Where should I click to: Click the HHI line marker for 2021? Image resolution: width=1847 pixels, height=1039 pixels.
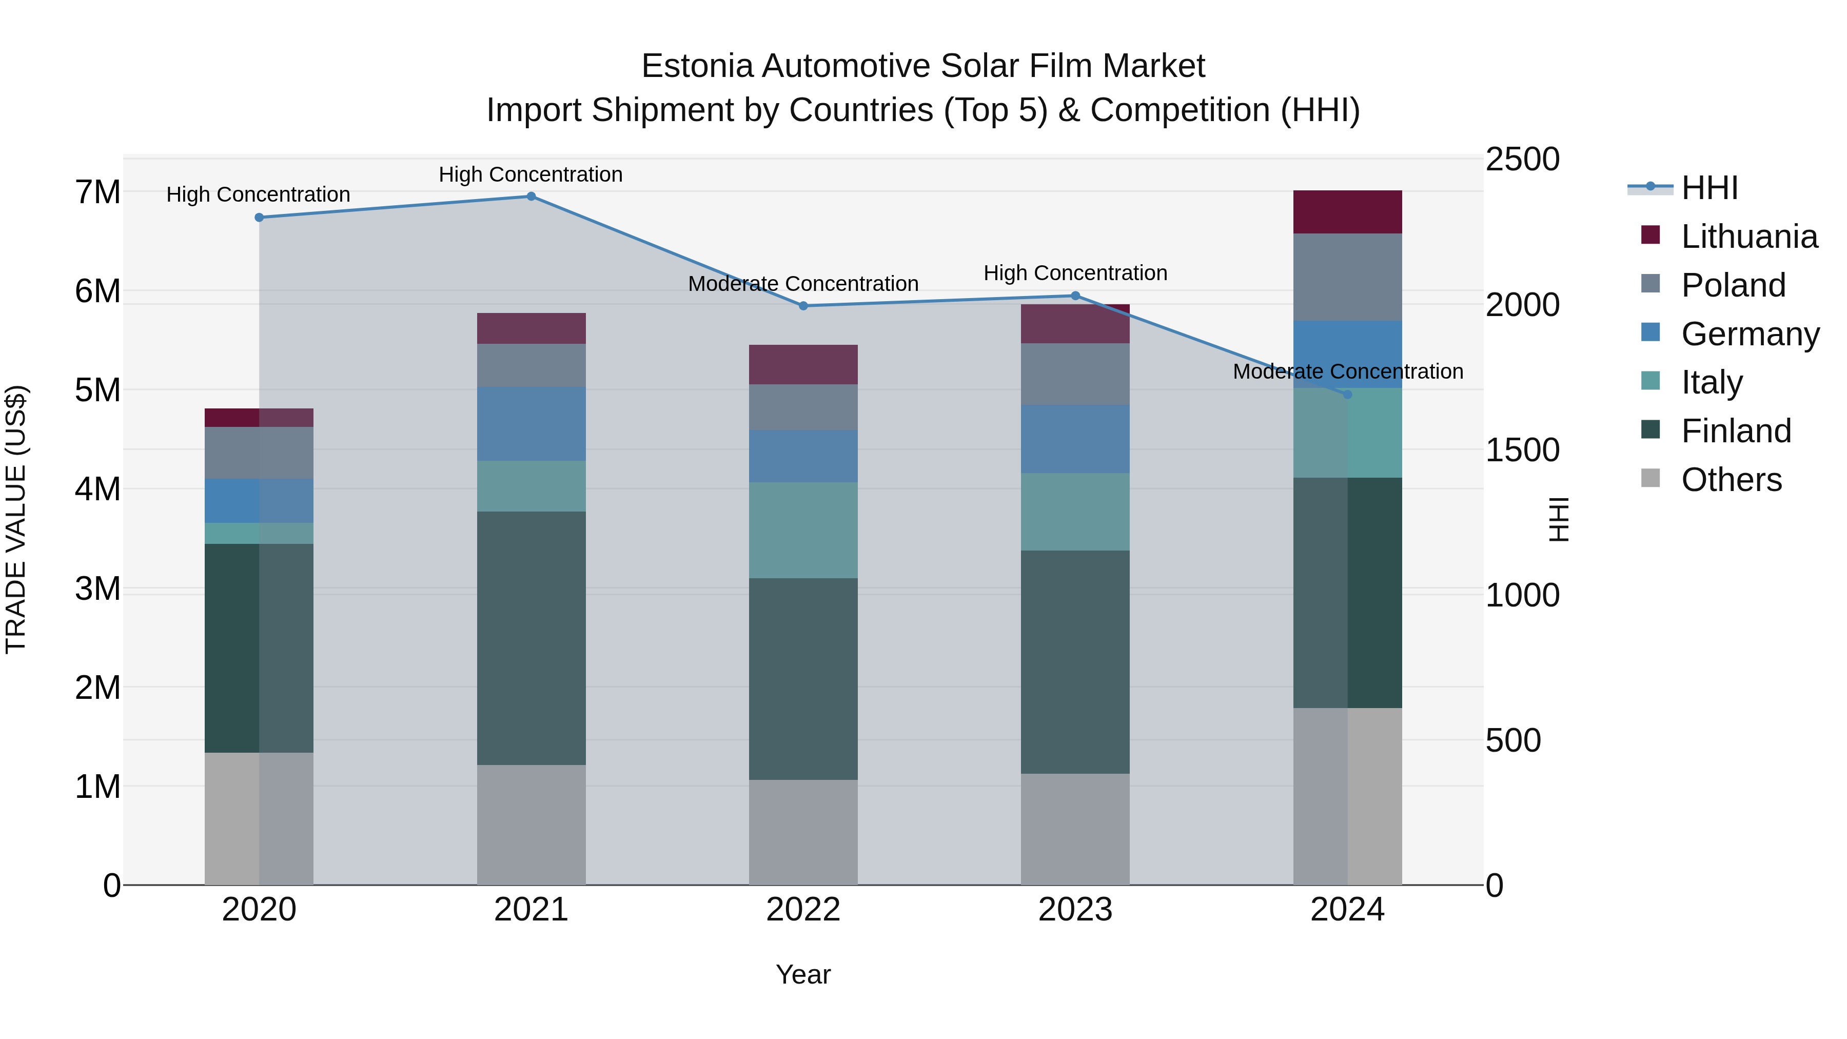click(x=532, y=197)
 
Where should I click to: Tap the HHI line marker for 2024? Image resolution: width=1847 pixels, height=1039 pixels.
click(x=1347, y=395)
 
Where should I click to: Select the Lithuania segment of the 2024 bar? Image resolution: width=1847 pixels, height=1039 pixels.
click(x=1347, y=212)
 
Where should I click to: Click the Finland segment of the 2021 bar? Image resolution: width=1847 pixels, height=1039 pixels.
click(x=532, y=638)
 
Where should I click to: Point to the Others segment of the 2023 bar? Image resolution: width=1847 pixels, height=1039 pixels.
click(x=1075, y=829)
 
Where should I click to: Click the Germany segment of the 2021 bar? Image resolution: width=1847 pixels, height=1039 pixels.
click(x=532, y=424)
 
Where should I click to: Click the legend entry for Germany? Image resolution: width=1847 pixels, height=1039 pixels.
click(x=1750, y=334)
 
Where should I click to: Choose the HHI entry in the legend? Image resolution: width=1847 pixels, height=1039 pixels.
click(x=1710, y=188)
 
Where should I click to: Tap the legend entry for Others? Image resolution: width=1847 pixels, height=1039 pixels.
click(x=1731, y=480)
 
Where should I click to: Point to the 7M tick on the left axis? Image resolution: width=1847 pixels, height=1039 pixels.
click(x=98, y=192)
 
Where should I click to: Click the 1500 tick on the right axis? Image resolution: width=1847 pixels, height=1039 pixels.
click(x=1522, y=450)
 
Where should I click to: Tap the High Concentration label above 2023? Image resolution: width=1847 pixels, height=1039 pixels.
click(x=1075, y=273)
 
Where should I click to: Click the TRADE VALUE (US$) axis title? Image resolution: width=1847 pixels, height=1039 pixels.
click(x=16, y=519)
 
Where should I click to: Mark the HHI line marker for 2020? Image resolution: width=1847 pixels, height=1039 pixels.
click(x=260, y=217)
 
